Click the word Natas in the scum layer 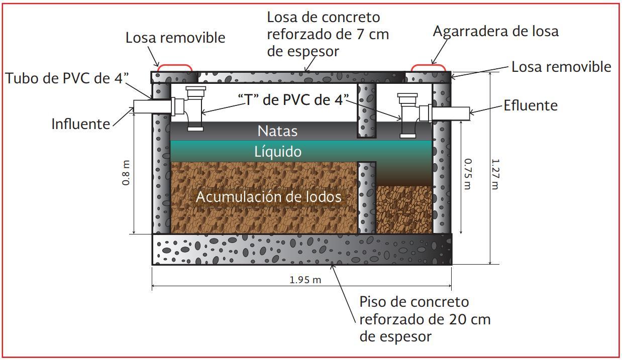click(x=277, y=131)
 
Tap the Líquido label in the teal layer click(x=277, y=151)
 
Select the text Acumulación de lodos click(x=268, y=197)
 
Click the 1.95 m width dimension click(x=305, y=280)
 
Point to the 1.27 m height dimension click(x=495, y=174)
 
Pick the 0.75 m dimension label click(x=468, y=174)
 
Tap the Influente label click(x=80, y=124)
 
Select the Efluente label click(x=531, y=105)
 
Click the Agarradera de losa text click(x=495, y=31)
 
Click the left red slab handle click(x=175, y=67)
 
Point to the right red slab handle click(x=429, y=67)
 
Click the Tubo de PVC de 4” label click(x=67, y=78)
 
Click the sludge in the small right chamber click(x=404, y=209)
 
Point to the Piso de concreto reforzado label click(x=425, y=319)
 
